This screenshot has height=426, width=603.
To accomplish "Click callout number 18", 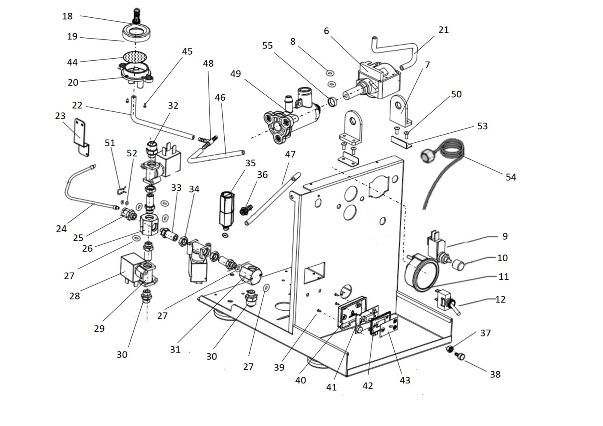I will pos(68,16).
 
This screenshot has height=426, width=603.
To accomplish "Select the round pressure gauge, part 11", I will pos(419,272).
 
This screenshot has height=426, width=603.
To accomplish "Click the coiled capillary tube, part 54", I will pos(446,161).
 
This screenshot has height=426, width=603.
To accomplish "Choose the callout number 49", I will pos(236,74).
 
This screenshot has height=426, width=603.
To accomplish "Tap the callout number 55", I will pos(267,45).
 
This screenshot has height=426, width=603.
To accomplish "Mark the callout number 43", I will pos(405,380).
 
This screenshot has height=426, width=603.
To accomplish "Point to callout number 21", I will pos(443,30).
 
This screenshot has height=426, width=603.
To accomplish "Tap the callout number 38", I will pos(495,374).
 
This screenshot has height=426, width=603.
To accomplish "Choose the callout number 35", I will pos(250,163).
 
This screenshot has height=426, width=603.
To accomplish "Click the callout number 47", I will pos(290,154).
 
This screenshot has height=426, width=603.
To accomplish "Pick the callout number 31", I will pos(175,350).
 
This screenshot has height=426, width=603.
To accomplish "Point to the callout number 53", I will pos(482,126).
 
